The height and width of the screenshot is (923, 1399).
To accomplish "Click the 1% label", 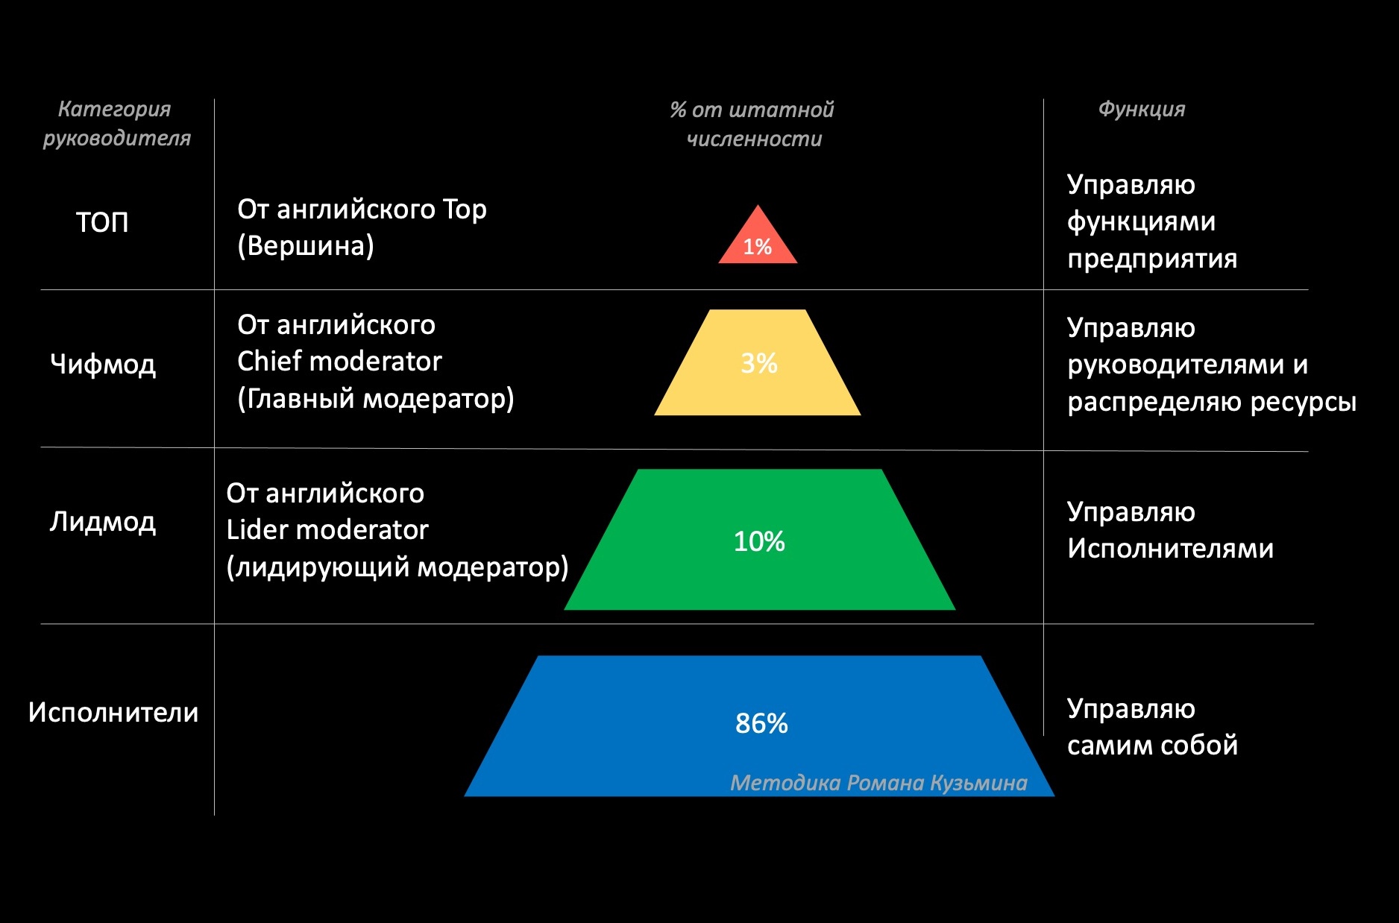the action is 758,248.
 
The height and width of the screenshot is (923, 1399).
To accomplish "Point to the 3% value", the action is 759,363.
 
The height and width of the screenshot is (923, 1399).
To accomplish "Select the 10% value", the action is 759,541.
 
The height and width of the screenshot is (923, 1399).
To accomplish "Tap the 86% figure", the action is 761,723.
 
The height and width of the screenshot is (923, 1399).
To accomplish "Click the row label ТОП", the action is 102,222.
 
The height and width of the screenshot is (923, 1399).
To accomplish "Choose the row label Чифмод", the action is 103,365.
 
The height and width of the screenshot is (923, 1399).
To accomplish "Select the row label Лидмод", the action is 103,522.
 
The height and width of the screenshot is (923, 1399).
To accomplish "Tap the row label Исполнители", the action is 113,713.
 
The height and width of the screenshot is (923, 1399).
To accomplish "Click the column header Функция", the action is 1141,110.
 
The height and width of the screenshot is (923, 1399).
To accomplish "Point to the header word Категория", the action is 114,110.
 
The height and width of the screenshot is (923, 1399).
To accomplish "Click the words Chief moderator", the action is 339,362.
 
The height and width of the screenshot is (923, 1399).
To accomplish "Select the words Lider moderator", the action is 327,530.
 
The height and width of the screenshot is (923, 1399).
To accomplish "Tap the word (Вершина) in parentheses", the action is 306,246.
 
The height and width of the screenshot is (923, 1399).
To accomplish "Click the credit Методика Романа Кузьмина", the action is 878,783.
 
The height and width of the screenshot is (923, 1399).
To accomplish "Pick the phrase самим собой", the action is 1152,746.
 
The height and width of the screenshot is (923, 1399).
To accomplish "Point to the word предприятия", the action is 1152,259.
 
